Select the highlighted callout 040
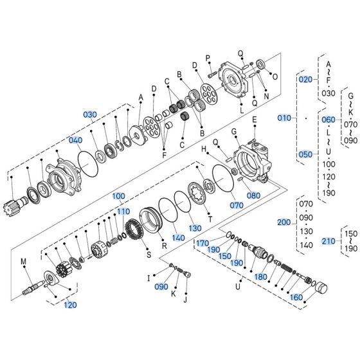76,140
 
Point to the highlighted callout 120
69,305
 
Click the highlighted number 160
296,297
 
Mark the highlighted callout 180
261,276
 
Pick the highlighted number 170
203,243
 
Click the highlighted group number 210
328,241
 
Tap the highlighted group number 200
284,222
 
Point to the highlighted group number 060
328,120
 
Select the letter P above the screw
208,58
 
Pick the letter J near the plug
185,299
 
